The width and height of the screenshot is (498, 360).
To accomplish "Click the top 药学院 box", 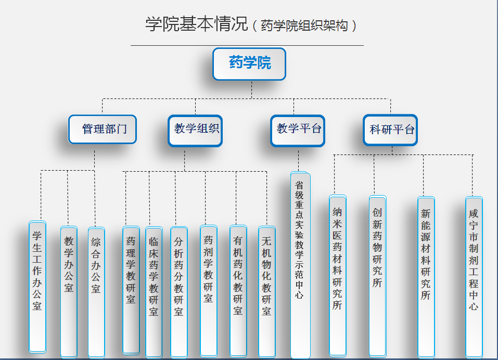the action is [249, 64].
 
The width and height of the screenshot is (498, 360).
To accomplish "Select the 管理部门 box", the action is [103, 129].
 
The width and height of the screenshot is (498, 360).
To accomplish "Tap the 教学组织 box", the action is [195, 131].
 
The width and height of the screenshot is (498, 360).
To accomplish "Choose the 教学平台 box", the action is [298, 131].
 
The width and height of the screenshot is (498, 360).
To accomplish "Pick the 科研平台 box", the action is [390, 130].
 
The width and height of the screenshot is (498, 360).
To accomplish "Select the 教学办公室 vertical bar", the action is [69, 292].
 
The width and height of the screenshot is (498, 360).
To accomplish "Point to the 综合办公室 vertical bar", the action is [96, 292].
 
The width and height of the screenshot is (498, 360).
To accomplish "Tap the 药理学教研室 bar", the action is [131, 290].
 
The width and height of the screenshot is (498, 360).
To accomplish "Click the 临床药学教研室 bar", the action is [154, 292].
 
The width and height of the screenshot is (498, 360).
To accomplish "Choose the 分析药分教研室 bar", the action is [179, 292].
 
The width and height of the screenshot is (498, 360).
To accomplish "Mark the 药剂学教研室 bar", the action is [209, 291].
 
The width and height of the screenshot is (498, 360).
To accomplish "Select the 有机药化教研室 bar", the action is [238, 291].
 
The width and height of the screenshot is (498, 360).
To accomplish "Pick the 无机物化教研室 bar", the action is [267, 292].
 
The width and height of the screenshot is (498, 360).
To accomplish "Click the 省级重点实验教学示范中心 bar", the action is [300, 265].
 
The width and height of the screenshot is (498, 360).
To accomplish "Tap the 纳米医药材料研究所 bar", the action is [338, 276].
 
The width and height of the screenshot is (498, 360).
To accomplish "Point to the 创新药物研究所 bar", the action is [378, 276].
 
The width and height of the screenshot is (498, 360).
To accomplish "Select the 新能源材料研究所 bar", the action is [426, 277].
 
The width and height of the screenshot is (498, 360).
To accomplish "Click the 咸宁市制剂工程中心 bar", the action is [474, 277].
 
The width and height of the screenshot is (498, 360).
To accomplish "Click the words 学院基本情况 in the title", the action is [196, 24].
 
